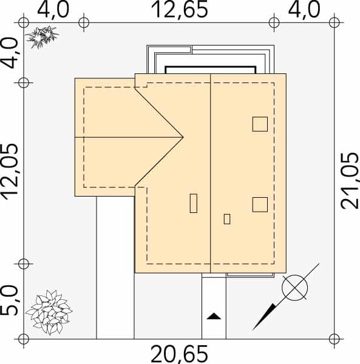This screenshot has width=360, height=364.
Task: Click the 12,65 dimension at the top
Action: click(180, 10)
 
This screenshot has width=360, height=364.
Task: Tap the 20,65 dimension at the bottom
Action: click(180, 354)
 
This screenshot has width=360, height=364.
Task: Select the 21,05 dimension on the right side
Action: click(349, 181)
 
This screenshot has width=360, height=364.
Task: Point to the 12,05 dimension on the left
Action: click(10, 172)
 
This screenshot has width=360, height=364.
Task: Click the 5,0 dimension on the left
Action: click(10, 301)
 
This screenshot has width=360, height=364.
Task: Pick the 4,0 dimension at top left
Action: click(53, 10)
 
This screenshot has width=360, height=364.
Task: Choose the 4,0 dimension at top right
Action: click(304, 10)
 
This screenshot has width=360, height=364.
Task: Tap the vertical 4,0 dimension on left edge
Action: click(10, 53)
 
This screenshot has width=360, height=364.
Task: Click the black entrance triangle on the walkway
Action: click(214, 316)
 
